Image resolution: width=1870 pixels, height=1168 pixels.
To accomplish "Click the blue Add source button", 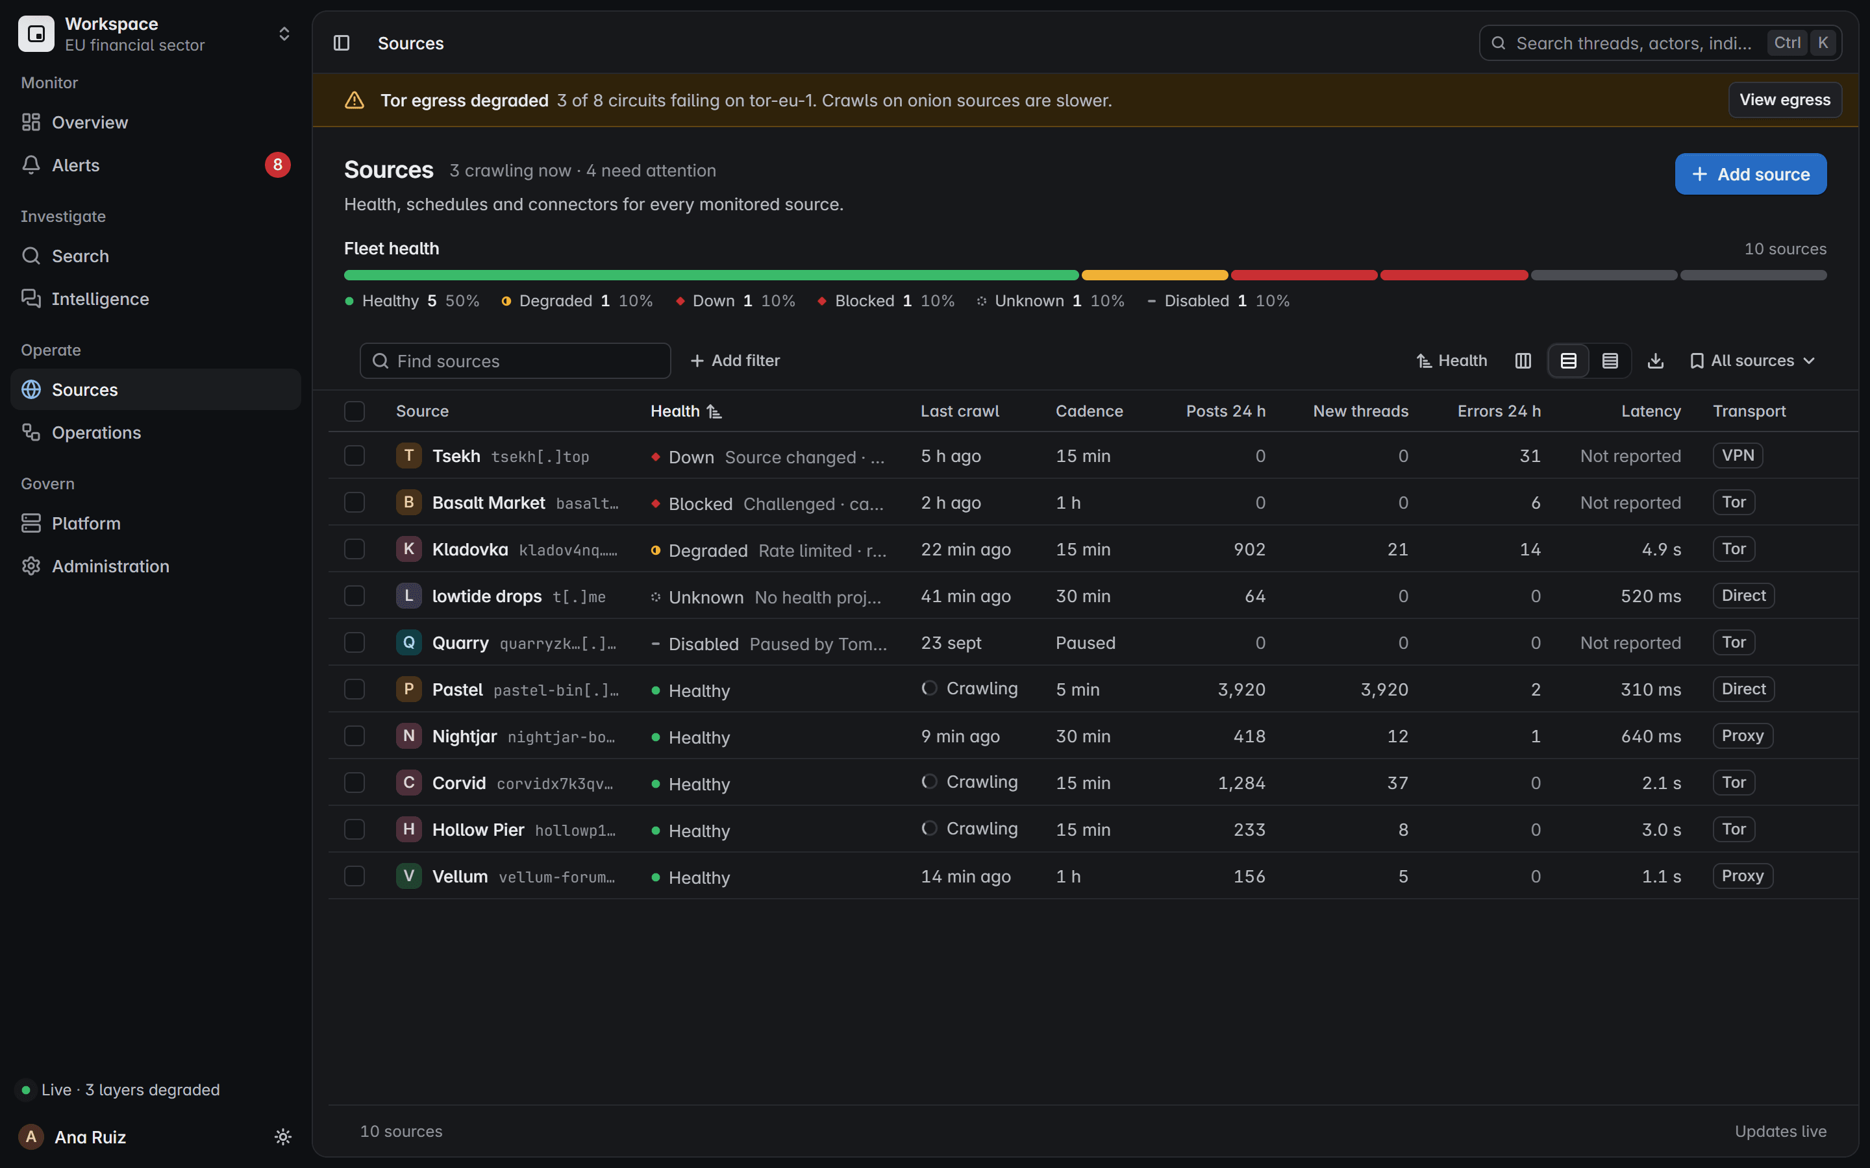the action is point(1751,174).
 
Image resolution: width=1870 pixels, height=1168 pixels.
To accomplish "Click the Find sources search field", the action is point(516,361).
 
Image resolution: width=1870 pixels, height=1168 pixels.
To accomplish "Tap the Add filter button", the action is point(735,361).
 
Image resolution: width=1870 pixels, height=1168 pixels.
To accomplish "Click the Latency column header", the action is point(1651,411).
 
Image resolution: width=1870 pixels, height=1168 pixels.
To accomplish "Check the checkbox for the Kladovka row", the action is point(355,549).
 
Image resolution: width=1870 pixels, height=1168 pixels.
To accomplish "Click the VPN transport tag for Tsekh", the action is point(1738,456).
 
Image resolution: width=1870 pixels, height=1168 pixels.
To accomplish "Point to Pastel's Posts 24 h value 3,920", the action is point(1241,689).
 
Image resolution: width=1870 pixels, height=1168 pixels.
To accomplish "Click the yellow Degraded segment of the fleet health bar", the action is point(1154,275).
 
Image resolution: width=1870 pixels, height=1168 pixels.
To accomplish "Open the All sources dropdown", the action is point(1752,361).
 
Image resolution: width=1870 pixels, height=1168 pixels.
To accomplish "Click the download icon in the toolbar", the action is point(1655,361).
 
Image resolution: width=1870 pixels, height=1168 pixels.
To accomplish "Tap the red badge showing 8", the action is point(277,165).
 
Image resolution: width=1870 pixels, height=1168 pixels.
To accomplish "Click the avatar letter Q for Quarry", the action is point(409,642).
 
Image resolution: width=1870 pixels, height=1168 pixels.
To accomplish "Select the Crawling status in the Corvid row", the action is point(970,782).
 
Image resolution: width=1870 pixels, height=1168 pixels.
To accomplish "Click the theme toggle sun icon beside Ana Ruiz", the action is point(283,1136).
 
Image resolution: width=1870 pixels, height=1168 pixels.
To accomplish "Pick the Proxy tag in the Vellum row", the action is point(1743,876).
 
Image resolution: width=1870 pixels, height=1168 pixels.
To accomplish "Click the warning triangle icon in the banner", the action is point(355,101).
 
